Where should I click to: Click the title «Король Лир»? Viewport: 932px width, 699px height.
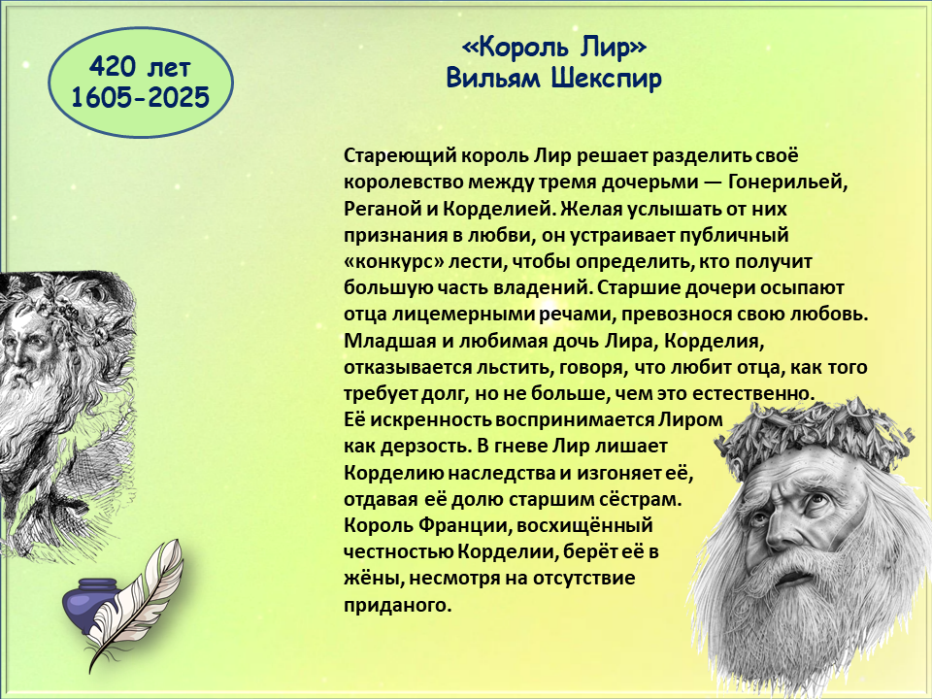[x=554, y=47]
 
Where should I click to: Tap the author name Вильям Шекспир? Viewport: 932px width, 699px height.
[x=554, y=79]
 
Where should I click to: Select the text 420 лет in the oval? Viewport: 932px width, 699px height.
[x=140, y=67]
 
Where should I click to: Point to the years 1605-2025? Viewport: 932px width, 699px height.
[x=140, y=97]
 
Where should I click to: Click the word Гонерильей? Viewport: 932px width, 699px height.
[x=787, y=182]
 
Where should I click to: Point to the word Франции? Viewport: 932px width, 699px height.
[x=463, y=526]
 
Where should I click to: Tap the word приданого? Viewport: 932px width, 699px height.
[x=398, y=606]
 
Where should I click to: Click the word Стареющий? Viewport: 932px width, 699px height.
[x=399, y=156]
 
